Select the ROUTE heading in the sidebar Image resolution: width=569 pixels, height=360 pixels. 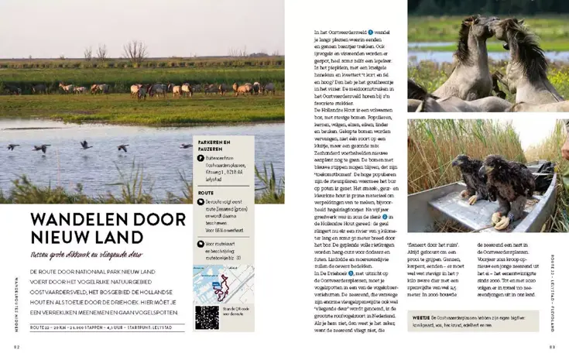pos(206,193)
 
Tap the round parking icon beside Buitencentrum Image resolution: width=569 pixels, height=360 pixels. pos(201,158)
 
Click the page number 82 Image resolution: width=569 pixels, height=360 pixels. pos(14,348)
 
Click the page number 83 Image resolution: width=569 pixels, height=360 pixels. pos(554,348)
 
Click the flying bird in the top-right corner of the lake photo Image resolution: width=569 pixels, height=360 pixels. pos(187,146)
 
